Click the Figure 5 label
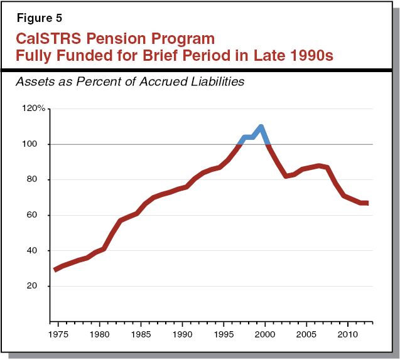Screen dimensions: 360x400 point(36,18)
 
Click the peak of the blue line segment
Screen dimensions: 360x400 point(261,127)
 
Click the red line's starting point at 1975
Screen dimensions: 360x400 point(55,270)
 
